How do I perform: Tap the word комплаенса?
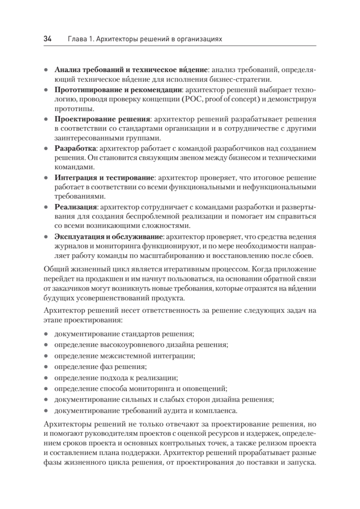[215, 411]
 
